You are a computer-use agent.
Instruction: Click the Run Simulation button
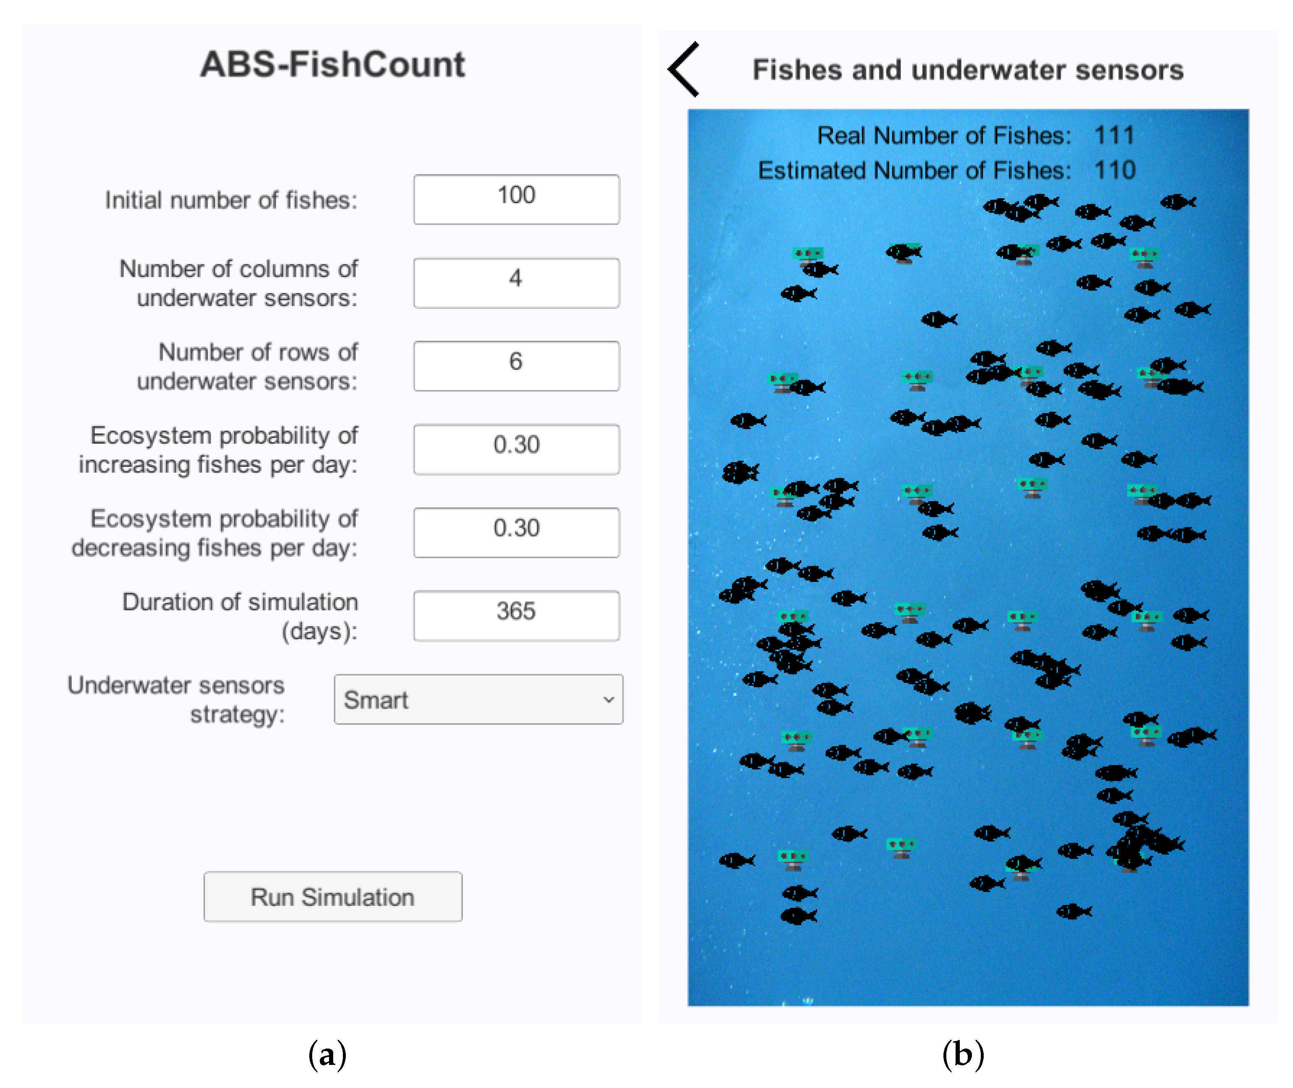332,896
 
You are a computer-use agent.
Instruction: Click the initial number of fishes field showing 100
516,199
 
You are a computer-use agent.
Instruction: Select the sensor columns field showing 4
516,282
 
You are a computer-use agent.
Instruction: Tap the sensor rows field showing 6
516,366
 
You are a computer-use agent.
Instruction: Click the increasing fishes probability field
516,449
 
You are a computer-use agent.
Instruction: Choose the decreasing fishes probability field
516,532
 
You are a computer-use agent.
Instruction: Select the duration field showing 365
516,615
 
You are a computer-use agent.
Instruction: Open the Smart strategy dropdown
478,699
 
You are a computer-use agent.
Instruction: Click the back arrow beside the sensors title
684,69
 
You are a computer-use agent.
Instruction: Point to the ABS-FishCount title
332,64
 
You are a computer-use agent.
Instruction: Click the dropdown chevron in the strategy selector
609,699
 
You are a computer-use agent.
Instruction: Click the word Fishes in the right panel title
797,70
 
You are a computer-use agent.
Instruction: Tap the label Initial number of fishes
231,200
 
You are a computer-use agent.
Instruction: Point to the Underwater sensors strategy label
176,699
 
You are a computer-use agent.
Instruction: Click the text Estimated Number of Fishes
914,170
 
